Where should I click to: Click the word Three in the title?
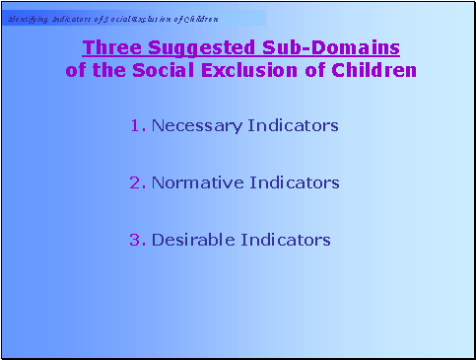tap(106, 47)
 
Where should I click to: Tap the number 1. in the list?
tap(137, 126)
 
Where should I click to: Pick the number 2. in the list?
tap(137, 183)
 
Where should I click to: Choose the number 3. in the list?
tap(137, 241)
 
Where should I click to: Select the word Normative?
tap(195, 183)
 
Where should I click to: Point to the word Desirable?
tap(192, 241)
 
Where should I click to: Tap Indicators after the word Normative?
tap(293, 183)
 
